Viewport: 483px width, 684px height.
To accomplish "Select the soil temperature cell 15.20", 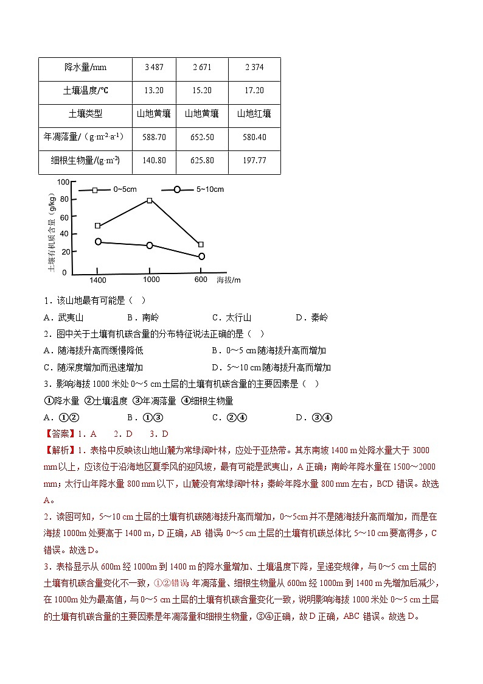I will pyautogui.click(x=202, y=90).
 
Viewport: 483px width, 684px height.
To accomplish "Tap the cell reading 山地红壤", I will pyautogui.click(x=254, y=113).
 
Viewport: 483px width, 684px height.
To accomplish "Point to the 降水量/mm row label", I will pyautogui.click(x=85, y=68).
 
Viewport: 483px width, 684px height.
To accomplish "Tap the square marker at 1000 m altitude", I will pyautogui.click(x=150, y=200).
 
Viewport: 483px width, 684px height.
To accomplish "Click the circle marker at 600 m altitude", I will pyautogui.click(x=201, y=256).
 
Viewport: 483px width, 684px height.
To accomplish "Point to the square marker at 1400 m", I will pyautogui.click(x=97, y=226).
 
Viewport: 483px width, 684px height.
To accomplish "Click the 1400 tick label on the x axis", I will pyautogui.click(x=97, y=280).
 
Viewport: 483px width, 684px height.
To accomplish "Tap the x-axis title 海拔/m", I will pyautogui.click(x=228, y=280).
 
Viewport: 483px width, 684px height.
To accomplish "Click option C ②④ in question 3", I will pyautogui.click(x=225, y=417).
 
